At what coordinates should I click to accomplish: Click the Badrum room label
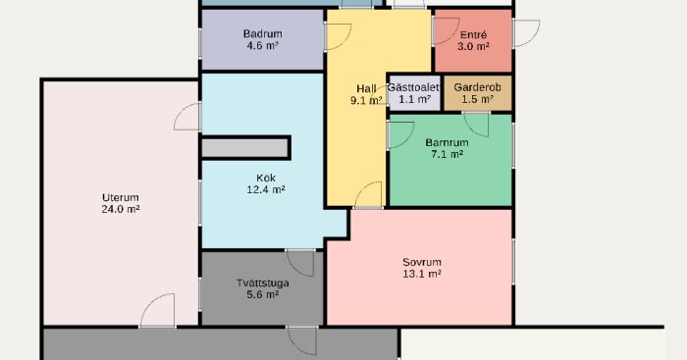[262, 33]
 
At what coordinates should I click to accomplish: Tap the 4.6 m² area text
[262, 46]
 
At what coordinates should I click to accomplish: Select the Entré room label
[473, 33]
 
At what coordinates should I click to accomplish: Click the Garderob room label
[478, 86]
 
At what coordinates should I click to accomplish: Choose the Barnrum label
[449, 141]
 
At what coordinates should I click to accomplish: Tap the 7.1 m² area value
[449, 154]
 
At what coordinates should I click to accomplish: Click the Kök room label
[265, 179]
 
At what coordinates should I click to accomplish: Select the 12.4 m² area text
[265, 191]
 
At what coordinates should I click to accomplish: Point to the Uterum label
[120, 196]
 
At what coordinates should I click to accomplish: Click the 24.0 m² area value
[120, 209]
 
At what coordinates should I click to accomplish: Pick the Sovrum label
[421, 262]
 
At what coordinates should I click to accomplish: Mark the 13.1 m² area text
[421, 275]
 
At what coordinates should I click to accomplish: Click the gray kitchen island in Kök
[245, 147]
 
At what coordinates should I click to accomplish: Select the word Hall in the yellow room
[366, 88]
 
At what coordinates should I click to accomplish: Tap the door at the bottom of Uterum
[157, 312]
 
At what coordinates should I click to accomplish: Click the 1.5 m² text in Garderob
[478, 99]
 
